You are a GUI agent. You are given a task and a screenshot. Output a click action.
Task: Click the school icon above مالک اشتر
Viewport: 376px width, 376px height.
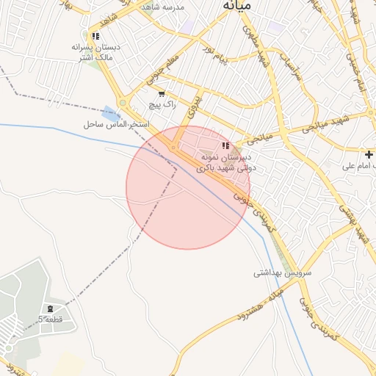[x=95, y=35]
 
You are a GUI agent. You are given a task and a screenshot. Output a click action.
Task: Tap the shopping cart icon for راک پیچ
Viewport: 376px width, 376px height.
[x=162, y=94]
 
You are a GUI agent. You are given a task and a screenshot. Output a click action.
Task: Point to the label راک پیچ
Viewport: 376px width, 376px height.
[x=162, y=105]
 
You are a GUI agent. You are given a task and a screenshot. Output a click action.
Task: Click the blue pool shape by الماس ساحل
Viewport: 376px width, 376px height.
[x=111, y=114]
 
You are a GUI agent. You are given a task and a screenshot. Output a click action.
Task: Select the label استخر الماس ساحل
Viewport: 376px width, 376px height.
[x=117, y=125]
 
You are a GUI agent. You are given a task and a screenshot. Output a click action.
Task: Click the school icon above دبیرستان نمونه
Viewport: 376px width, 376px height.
[x=225, y=146]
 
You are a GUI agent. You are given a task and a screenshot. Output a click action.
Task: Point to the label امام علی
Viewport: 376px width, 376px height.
[x=359, y=166]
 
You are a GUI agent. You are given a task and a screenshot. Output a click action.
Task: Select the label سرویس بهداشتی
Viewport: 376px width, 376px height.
[x=283, y=272]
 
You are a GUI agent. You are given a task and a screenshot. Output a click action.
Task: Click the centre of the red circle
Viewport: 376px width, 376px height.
[x=188, y=187]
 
